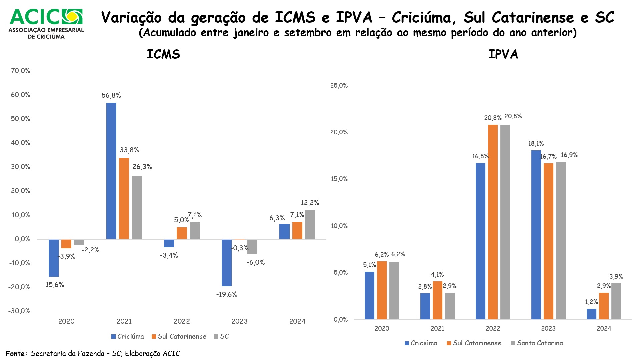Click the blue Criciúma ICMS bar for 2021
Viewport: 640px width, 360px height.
pos(111,171)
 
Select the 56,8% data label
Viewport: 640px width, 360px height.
pos(111,95)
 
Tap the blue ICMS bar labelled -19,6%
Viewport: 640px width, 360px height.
pos(227,263)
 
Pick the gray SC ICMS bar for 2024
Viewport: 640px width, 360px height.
pos(310,224)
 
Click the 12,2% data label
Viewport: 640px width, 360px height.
pos(310,203)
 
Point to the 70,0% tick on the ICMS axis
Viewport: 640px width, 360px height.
pos(20,71)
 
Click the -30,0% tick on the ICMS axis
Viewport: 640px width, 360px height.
pos(19,311)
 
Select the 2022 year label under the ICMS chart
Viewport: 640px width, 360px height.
pos(182,321)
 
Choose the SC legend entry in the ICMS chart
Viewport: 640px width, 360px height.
pos(221,336)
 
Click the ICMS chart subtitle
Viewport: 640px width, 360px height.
pos(163,54)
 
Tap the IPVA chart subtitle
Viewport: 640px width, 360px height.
pos(503,54)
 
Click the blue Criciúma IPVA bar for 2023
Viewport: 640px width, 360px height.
pos(536,235)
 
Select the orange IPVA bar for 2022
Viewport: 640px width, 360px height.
pos(493,222)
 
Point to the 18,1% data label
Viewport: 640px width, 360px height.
pos(536,144)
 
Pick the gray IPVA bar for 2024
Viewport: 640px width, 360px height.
pos(616,301)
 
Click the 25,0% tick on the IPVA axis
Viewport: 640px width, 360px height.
pos(339,86)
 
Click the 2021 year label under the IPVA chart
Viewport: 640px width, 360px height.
pos(437,328)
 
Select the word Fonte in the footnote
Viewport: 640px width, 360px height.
pos(16,354)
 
